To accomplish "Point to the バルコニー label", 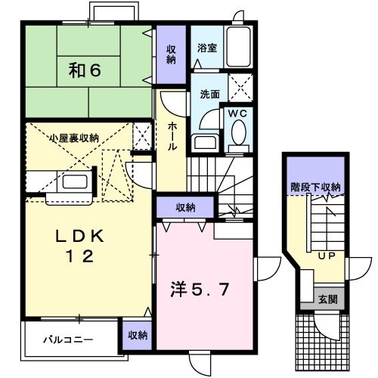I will pos(68,339).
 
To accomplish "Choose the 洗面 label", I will pos(209,95).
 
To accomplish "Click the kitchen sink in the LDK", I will pos(73,182).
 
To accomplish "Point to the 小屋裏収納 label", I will pos(73,138).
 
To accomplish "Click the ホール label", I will pos(172,136).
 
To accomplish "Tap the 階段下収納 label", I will pos(315,187).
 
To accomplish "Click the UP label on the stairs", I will pos(326,256).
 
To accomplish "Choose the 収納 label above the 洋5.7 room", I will pos(186,207).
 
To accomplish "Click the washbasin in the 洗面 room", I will pos(203,142).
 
